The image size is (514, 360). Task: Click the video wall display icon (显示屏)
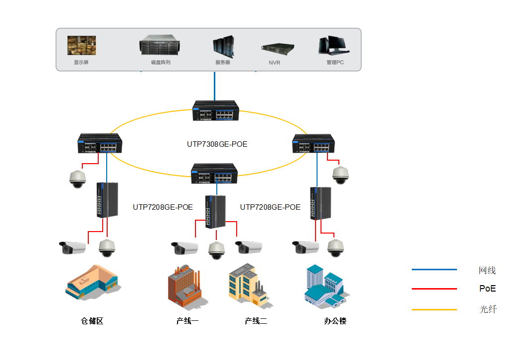click(x=82, y=45)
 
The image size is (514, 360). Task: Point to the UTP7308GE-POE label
click(x=217, y=144)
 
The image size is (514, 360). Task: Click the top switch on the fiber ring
click(x=216, y=111)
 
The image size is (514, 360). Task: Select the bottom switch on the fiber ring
click(x=214, y=174)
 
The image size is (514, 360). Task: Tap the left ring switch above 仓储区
click(x=100, y=143)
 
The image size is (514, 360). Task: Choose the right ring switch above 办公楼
click(x=314, y=143)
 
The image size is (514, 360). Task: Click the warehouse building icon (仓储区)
click(x=93, y=283)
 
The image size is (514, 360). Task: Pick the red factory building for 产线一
click(x=184, y=287)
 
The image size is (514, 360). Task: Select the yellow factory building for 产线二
click(x=249, y=285)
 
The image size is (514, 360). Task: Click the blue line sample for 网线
click(x=434, y=269)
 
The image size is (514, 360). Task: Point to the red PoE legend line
click(x=434, y=289)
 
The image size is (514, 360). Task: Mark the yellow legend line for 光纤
click(x=434, y=309)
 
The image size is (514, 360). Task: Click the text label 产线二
click(x=256, y=321)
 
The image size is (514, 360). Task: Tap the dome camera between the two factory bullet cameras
click(x=216, y=250)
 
